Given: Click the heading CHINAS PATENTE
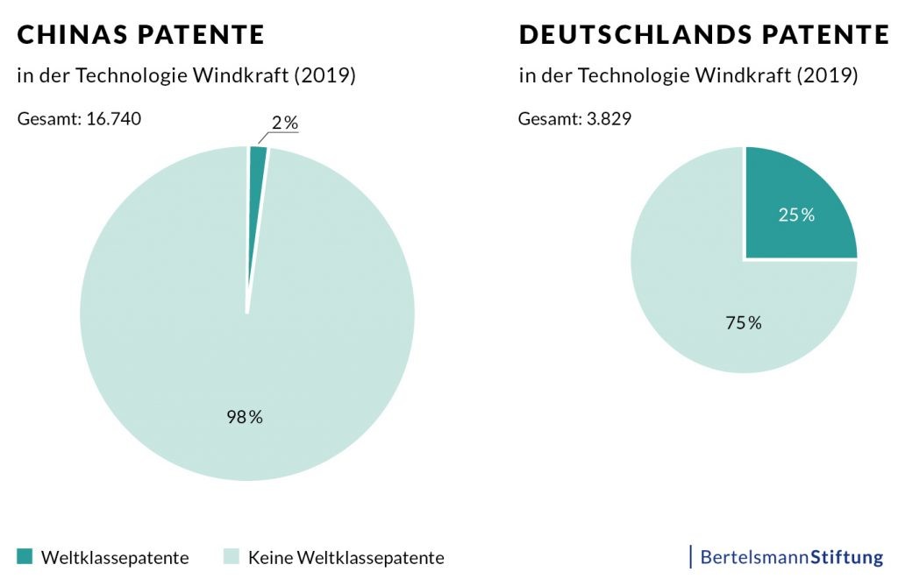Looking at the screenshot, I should [141, 35].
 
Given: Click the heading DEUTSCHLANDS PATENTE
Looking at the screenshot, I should [704, 35].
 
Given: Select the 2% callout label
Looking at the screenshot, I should [284, 123].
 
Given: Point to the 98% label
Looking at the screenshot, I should [245, 417].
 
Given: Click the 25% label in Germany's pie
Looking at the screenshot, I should [796, 215].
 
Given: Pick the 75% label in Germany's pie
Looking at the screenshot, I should [744, 323].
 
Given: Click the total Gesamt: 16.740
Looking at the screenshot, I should [79, 118].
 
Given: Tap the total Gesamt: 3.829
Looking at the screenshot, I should [574, 118].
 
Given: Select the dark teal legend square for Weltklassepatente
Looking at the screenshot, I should [25, 556].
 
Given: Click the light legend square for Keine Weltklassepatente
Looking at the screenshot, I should [231, 556].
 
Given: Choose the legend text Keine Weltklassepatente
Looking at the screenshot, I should [346, 557].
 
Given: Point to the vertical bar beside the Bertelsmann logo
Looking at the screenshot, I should [691, 556].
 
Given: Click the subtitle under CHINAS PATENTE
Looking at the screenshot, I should [186, 75].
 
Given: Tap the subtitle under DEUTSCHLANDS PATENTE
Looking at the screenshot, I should [688, 75].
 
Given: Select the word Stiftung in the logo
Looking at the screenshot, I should [846, 556].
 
